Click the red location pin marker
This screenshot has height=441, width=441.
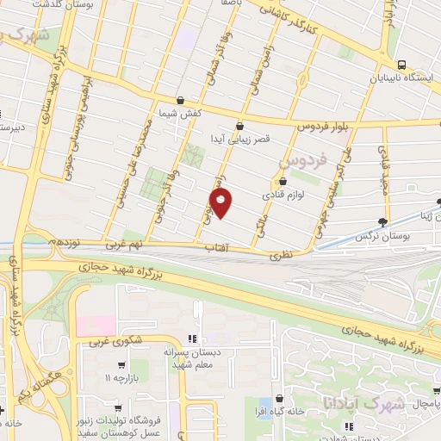click(221, 203)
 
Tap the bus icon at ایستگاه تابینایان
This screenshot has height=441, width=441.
click(401, 65)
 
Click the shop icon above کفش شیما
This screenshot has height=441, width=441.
click(180, 100)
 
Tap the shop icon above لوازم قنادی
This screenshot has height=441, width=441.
click(283, 182)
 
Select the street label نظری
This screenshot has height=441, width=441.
click(280, 255)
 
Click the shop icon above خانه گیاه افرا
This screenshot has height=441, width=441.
click(279, 399)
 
